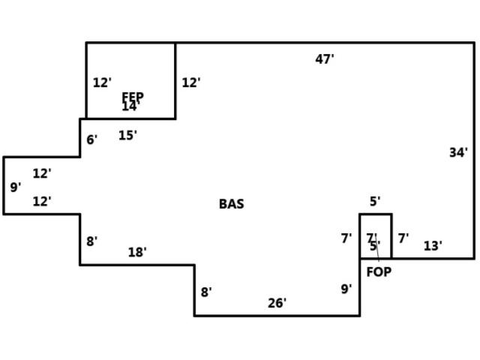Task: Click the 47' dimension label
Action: [325, 59]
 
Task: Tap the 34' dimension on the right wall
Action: [458, 153]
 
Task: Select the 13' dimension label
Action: [433, 245]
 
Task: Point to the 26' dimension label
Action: [277, 303]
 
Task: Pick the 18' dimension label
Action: [136, 252]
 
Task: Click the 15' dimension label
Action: [127, 136]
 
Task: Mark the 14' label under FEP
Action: [130, 107]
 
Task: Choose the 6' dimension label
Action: [91, 139]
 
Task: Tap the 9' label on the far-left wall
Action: [15, 187]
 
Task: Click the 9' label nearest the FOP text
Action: [346, 289]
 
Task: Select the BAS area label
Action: [231, 204]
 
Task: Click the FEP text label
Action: [133, 97]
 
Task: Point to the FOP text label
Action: [379, 271]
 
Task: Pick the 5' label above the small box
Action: [375, 201]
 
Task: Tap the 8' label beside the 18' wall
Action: [91, 241]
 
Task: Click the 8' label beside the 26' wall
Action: [206, 292]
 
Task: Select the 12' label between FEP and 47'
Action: [191, 82]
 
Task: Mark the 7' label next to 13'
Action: [403, 238]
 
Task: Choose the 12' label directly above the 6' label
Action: [102, 82]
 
